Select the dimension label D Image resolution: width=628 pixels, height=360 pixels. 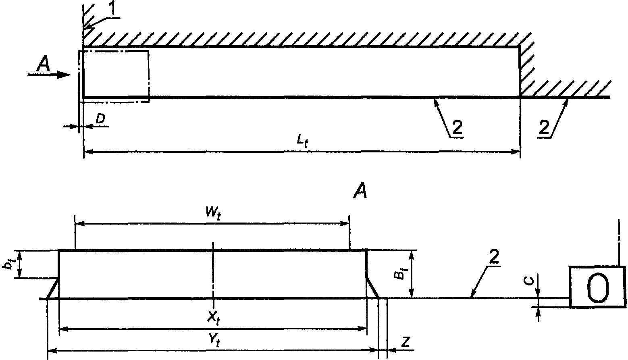click(100, 119)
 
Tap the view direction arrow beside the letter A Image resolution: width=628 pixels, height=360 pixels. click(49, 75)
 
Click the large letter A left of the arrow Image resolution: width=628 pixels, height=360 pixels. click(44, 64)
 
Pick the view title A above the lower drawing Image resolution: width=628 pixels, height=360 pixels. click(360, 191)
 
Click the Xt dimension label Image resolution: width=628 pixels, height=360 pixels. click(213, 318)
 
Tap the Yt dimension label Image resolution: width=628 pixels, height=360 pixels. click(214, 341)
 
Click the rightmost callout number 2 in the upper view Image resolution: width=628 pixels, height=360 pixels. click(544, 128)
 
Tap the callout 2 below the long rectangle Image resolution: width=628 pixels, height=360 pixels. click(457, 128)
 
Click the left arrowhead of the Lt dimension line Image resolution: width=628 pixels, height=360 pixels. click(88, 152)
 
